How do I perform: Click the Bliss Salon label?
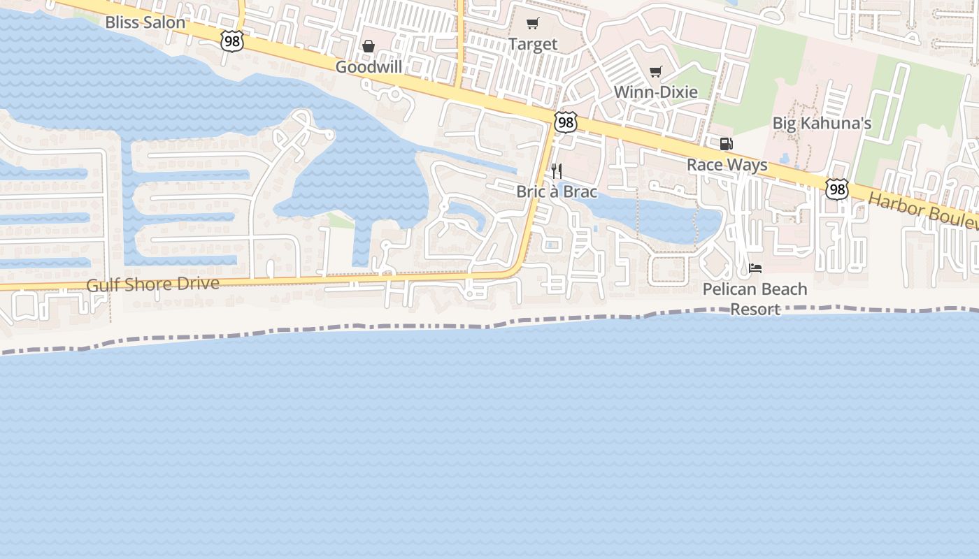coord(145,22)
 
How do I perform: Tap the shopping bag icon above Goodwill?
coord(369,47)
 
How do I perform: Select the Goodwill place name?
coord(369,67)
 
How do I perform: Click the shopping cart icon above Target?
coord(533,24)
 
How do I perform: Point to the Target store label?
coord(533,44)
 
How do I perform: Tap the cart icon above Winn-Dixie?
coord(655,71)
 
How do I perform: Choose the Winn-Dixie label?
coord(655,92)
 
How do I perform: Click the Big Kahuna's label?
coord(822,124)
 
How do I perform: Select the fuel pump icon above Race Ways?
coord(727,144)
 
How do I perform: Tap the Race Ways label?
coord(727,165)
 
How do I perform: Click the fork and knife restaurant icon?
coord(557,170)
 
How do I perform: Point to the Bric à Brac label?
coord(557,191)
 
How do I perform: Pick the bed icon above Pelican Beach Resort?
coord(755,268)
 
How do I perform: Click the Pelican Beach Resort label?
coord(755,298)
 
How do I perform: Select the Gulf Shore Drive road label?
coord(152,284)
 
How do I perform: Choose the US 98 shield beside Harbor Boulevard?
coord(836,189)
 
